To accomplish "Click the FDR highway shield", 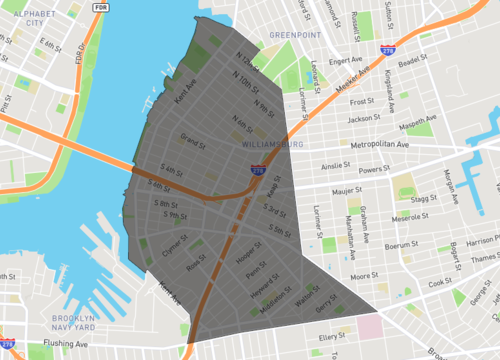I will click(100, 7).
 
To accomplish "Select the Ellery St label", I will click(329, 338).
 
